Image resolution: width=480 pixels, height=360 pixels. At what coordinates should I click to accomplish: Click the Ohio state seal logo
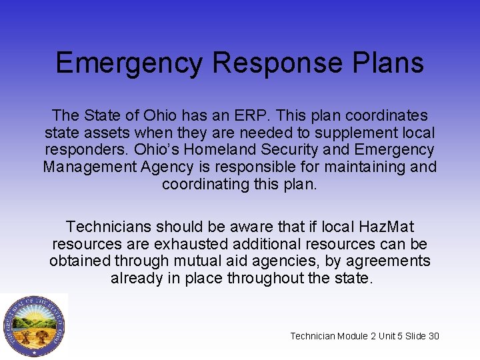pyautogui.click(x=34, y=326)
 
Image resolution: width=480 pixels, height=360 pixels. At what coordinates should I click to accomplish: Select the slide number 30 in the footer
pyautogui.click(x=433, y=336)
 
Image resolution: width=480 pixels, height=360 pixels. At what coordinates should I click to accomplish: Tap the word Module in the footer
pyautogui.click(x=353, y=336)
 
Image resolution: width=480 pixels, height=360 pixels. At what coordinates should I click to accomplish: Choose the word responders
pyautogui.click(x=83, y=150)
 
